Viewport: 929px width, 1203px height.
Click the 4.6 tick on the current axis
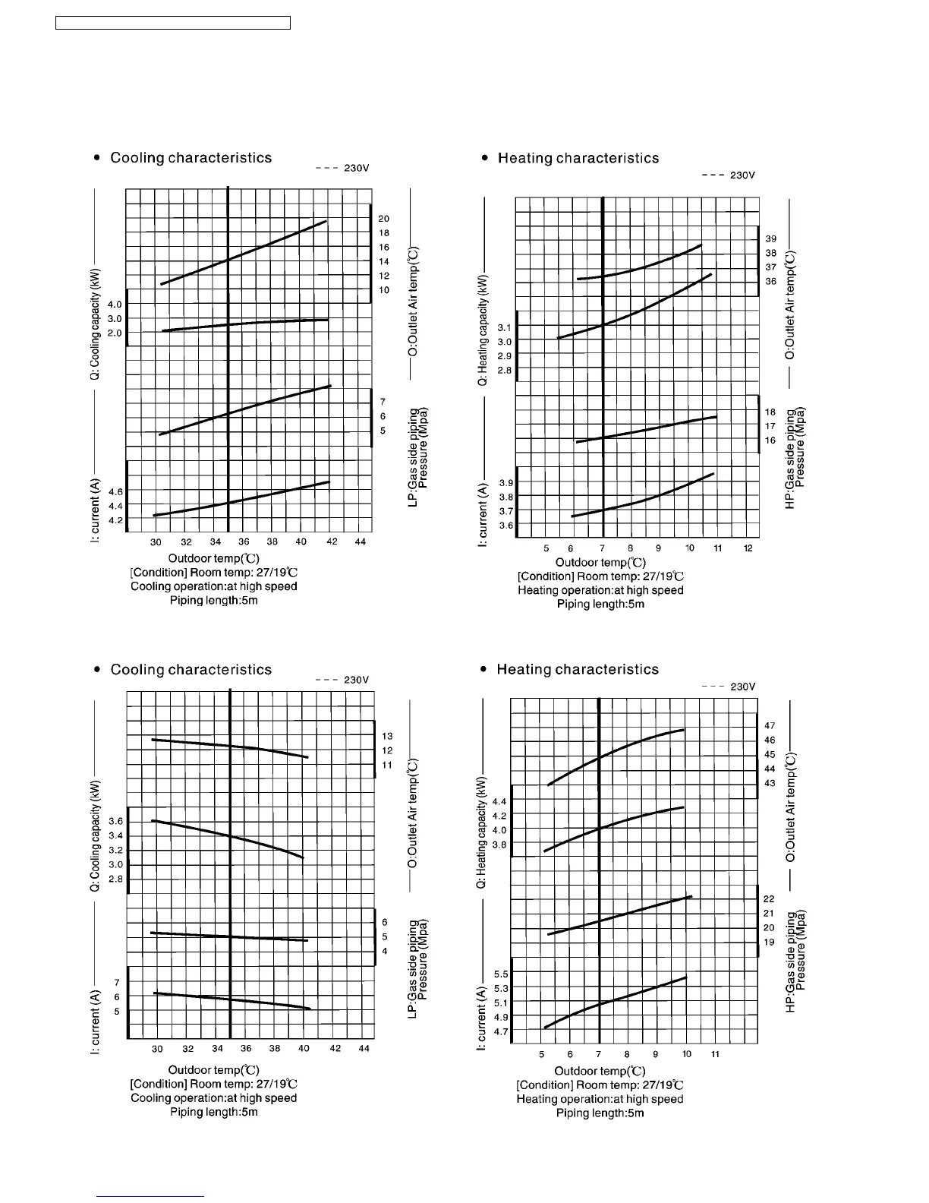click(x=115, y=492)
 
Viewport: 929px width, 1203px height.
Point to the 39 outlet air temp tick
click(x=770, y=238)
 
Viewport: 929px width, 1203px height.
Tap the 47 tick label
click(x=770, y=726)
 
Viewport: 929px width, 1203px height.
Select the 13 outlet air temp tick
click(x=387, y=736)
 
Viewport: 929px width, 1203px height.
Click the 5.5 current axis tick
click(x=501, y=974)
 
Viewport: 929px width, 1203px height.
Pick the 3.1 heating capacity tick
click(x=505, y=327)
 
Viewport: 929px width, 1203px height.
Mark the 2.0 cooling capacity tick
click(x=115, y=333)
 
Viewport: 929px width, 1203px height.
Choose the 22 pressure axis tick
click(x=769, y=898)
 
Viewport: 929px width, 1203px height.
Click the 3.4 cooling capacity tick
click(x=115, y=835)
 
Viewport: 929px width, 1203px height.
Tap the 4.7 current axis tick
click(x=501, y=1032)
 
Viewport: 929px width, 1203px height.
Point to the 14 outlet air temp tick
click(x=384, y=261)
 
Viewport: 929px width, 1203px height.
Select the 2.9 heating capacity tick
click(x=505, y=355)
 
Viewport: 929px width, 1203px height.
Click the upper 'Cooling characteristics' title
click(x=191, y=158)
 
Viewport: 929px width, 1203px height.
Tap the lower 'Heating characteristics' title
click(x=577, y=669)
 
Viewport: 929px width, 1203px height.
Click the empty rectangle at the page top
click(x=173, y=23)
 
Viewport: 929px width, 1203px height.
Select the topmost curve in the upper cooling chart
click(x=243, y=253)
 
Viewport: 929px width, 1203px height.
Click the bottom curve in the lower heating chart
click(x=615, y=1001)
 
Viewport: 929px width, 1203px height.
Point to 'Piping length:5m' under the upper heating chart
click(x=600, y=604)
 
